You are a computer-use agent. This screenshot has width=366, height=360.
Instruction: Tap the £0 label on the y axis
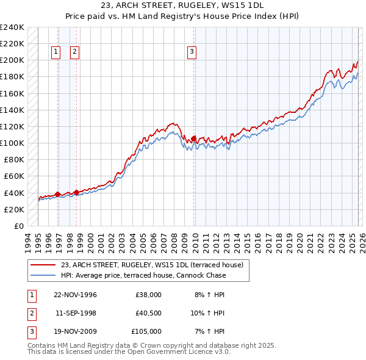(x=19, y=226)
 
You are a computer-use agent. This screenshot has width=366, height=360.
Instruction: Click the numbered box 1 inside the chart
(x=56, y=52)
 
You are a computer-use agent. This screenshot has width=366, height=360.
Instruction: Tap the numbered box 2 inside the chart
(x=74, y=52)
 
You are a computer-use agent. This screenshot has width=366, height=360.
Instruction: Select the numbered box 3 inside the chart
(x=192, y=52)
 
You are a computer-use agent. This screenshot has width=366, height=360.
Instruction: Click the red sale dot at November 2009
(x=194, y=139)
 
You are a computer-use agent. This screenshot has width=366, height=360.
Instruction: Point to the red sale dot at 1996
(x=58, y=194)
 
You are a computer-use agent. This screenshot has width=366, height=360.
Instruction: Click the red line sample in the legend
(x=43, y=265)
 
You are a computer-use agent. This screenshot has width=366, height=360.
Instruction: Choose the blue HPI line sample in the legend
(x=43, y=275)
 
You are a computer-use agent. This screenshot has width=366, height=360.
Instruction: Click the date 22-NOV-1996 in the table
(x=76, y=295)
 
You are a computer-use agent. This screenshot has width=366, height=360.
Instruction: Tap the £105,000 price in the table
(x=146, y=331)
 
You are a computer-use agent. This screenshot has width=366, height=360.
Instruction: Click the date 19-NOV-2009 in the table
(x=76, y=331)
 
